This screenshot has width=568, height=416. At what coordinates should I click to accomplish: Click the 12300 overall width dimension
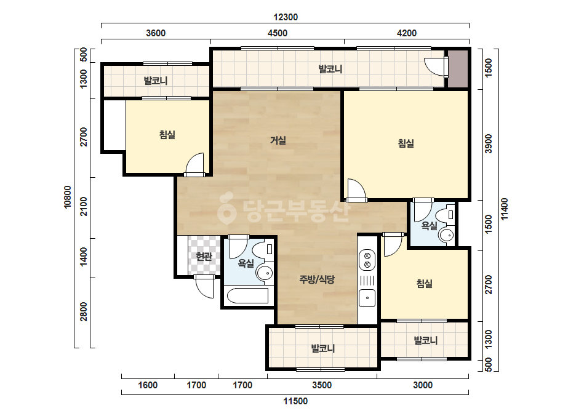click(x=286, y=17)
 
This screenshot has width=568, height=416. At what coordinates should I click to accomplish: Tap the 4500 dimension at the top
click(x=278, y=33)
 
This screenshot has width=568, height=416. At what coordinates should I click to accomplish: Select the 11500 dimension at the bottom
click(x=295, y=401)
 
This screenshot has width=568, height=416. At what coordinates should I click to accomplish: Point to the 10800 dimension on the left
click(x=68, y=197)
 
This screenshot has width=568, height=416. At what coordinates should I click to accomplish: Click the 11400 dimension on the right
click(x=504, y=209)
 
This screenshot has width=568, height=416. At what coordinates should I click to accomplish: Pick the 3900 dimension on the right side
click(x=489, y=144)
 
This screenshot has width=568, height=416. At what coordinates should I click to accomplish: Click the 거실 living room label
click(x=278, y=140)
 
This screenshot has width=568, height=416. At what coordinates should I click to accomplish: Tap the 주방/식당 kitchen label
click(x=317, y=279)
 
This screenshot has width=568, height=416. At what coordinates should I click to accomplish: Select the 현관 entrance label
click(x=204, y=257)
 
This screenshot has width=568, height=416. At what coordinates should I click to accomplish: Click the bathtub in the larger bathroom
click(x=248, y=296)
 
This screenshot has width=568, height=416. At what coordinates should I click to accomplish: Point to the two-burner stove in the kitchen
click(x=367, y=260)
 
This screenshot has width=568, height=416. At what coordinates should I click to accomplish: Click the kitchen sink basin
click(x=367, y=298)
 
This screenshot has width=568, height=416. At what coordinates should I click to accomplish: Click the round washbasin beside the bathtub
click(x=265, y=273)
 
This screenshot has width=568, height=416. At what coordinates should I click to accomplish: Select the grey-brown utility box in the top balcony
click(x=457, y=69)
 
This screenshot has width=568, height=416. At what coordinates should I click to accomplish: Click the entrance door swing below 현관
click(x=204, y=287)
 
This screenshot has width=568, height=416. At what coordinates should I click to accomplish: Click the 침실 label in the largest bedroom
click(x=406, y=143)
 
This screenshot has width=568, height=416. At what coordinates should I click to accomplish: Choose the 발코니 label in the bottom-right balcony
click(x=426, y=340)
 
